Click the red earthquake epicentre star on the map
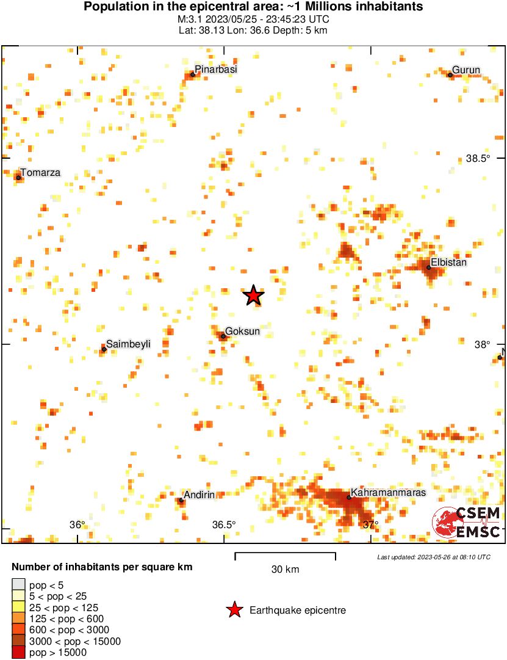coord(254,296)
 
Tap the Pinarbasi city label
coord(215,70)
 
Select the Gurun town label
coord(466,70)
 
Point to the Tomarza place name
coord(40,173)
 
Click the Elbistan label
coord(448,263)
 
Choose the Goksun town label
coord(243,331)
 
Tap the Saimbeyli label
coord(128,344)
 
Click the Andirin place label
coord(200,495)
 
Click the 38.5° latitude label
coord(478,159)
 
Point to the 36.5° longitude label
coord(224,525)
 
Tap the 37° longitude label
coord(370,525)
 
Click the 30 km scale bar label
coord(285,570)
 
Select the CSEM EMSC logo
coord(467,523)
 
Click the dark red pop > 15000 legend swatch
coord(19,652)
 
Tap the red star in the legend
coord(234,610)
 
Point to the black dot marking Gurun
coord(450,75)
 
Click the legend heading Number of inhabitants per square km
coord(102,567)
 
